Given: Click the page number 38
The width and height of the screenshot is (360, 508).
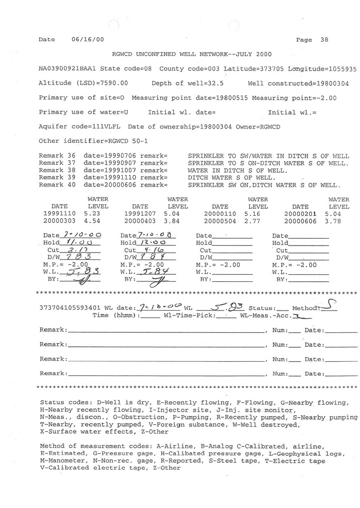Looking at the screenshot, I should tap(324, 40).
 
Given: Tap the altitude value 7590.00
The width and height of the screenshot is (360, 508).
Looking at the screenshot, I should tap(114, 83).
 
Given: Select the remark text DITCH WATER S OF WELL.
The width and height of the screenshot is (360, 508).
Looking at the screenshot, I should tap(231, 178).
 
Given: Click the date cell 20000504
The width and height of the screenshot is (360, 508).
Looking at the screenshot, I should tap(218, 221).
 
